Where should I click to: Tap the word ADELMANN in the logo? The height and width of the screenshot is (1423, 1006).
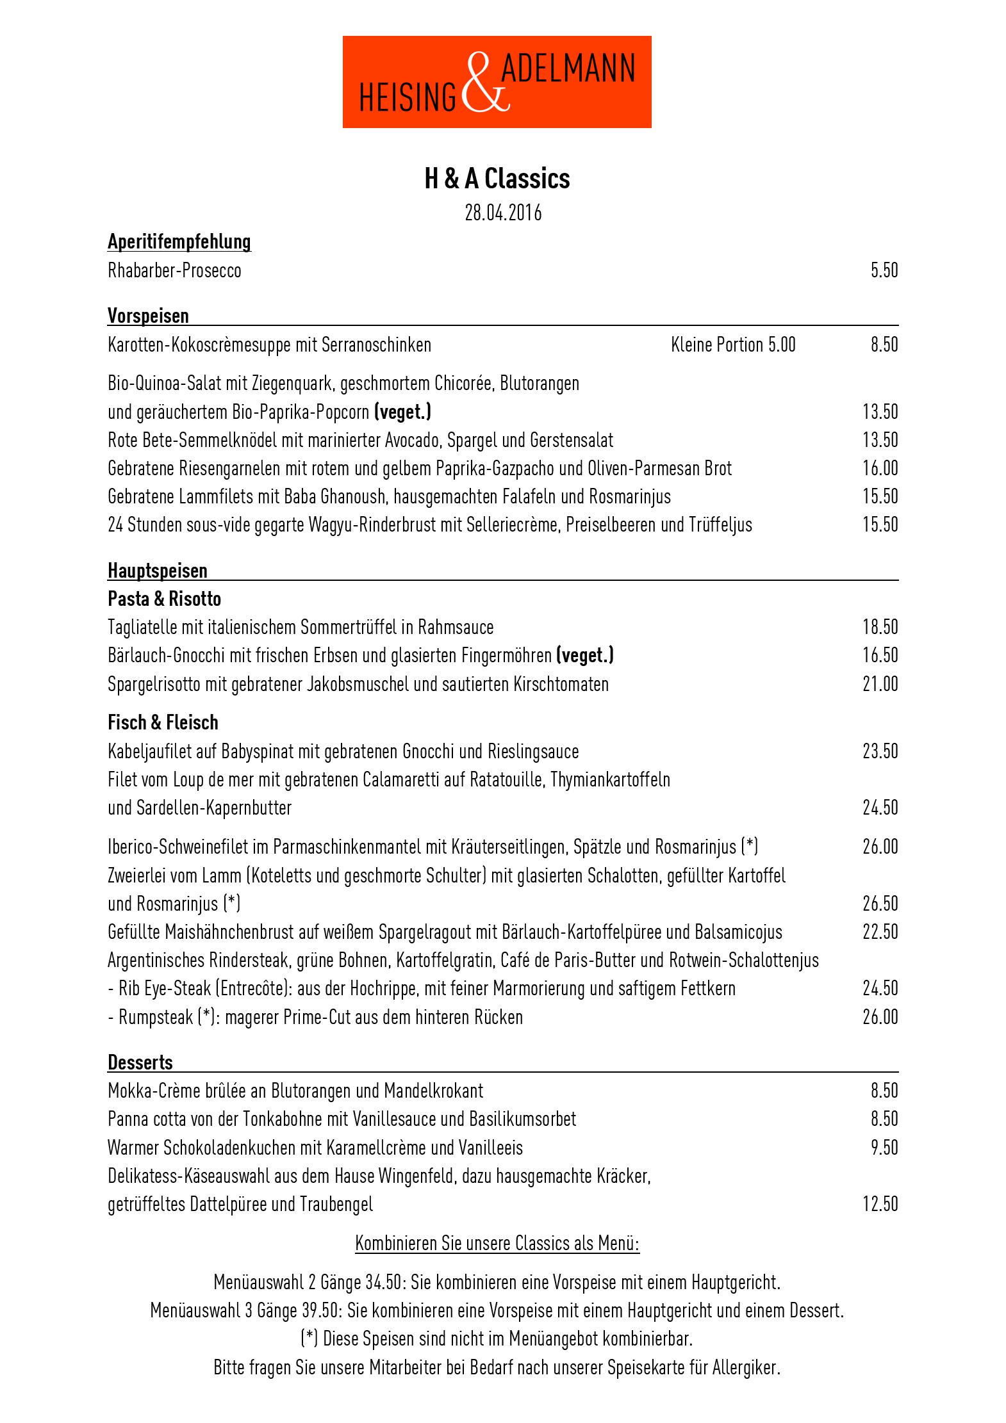point(568,69)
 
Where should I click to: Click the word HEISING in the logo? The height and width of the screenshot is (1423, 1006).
point(408,98)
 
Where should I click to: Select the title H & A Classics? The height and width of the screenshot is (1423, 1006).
point(497,179)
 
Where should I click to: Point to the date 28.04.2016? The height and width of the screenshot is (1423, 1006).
point(503,213)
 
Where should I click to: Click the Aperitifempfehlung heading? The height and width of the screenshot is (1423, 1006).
point(179,242)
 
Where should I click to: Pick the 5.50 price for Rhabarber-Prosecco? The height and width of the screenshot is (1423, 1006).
point(884,270)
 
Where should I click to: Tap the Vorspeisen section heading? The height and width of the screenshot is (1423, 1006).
point(148,316)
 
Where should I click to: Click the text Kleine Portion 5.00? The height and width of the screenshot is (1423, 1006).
point(733,345)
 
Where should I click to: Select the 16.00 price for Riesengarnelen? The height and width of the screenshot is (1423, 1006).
point(880,468)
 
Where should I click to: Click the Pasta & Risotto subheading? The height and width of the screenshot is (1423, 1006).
point(164,599)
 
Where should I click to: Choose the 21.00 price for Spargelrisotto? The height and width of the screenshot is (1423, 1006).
point(880,684)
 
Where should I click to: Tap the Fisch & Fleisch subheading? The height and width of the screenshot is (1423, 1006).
point(163,722)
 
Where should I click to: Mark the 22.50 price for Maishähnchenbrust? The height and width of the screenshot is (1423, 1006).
point(880,932)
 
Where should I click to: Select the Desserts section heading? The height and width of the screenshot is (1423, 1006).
point(140,1062)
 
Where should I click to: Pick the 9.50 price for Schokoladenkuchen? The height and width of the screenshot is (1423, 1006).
point(884,1147)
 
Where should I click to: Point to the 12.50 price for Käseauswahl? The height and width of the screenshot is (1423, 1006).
point(880,1204)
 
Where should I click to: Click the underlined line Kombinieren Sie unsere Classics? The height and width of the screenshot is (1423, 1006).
point(497,1244)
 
